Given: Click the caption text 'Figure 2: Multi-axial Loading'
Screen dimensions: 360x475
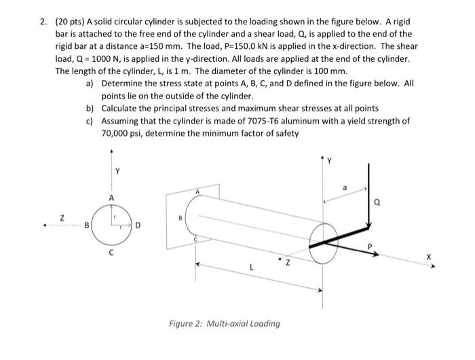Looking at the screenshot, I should pyautogui.click(x=224, y=323).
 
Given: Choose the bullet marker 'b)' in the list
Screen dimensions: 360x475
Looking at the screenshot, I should pyautogui.click(x=89, y=108).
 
